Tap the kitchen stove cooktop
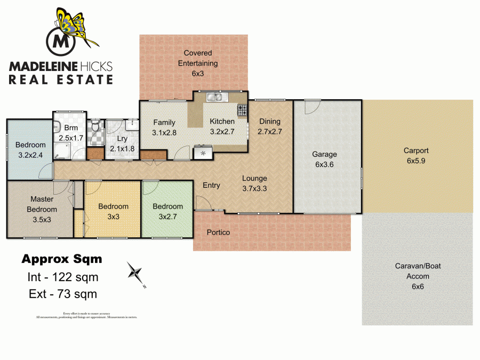(243, 110)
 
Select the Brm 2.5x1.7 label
(71, 133)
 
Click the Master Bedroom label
(42, 209)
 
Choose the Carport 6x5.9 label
(416, 155)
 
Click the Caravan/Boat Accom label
(418, 276)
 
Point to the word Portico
(219, 233)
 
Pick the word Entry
(211, 185)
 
